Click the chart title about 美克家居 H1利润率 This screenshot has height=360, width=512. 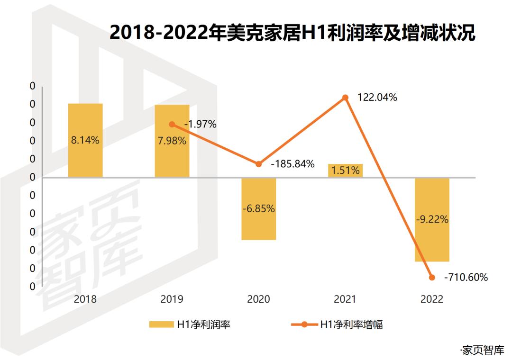pos(292,34)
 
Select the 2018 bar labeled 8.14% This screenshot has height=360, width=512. pos(85,140)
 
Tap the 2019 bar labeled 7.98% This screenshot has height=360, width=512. pos(172,141)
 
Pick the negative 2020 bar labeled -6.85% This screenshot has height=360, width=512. pos(258,208)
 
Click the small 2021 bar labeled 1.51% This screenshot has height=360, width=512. pos(345,171)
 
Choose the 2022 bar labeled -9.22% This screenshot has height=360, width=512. pos(432,219)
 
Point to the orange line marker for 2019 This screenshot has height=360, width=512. pos(172,124)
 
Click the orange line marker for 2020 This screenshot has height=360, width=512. pos(258,164)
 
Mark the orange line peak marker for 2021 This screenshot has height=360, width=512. pos(346,98)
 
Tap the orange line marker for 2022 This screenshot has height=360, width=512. pos(432,278)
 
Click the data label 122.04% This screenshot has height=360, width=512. pos(377,98)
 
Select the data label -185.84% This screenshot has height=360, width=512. pos(293,164)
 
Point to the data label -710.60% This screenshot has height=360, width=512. pos(466,278)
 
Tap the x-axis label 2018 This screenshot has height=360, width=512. pos(85,299)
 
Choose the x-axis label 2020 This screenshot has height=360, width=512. pos(258,299)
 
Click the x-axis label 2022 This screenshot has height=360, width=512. pos(432,299)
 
